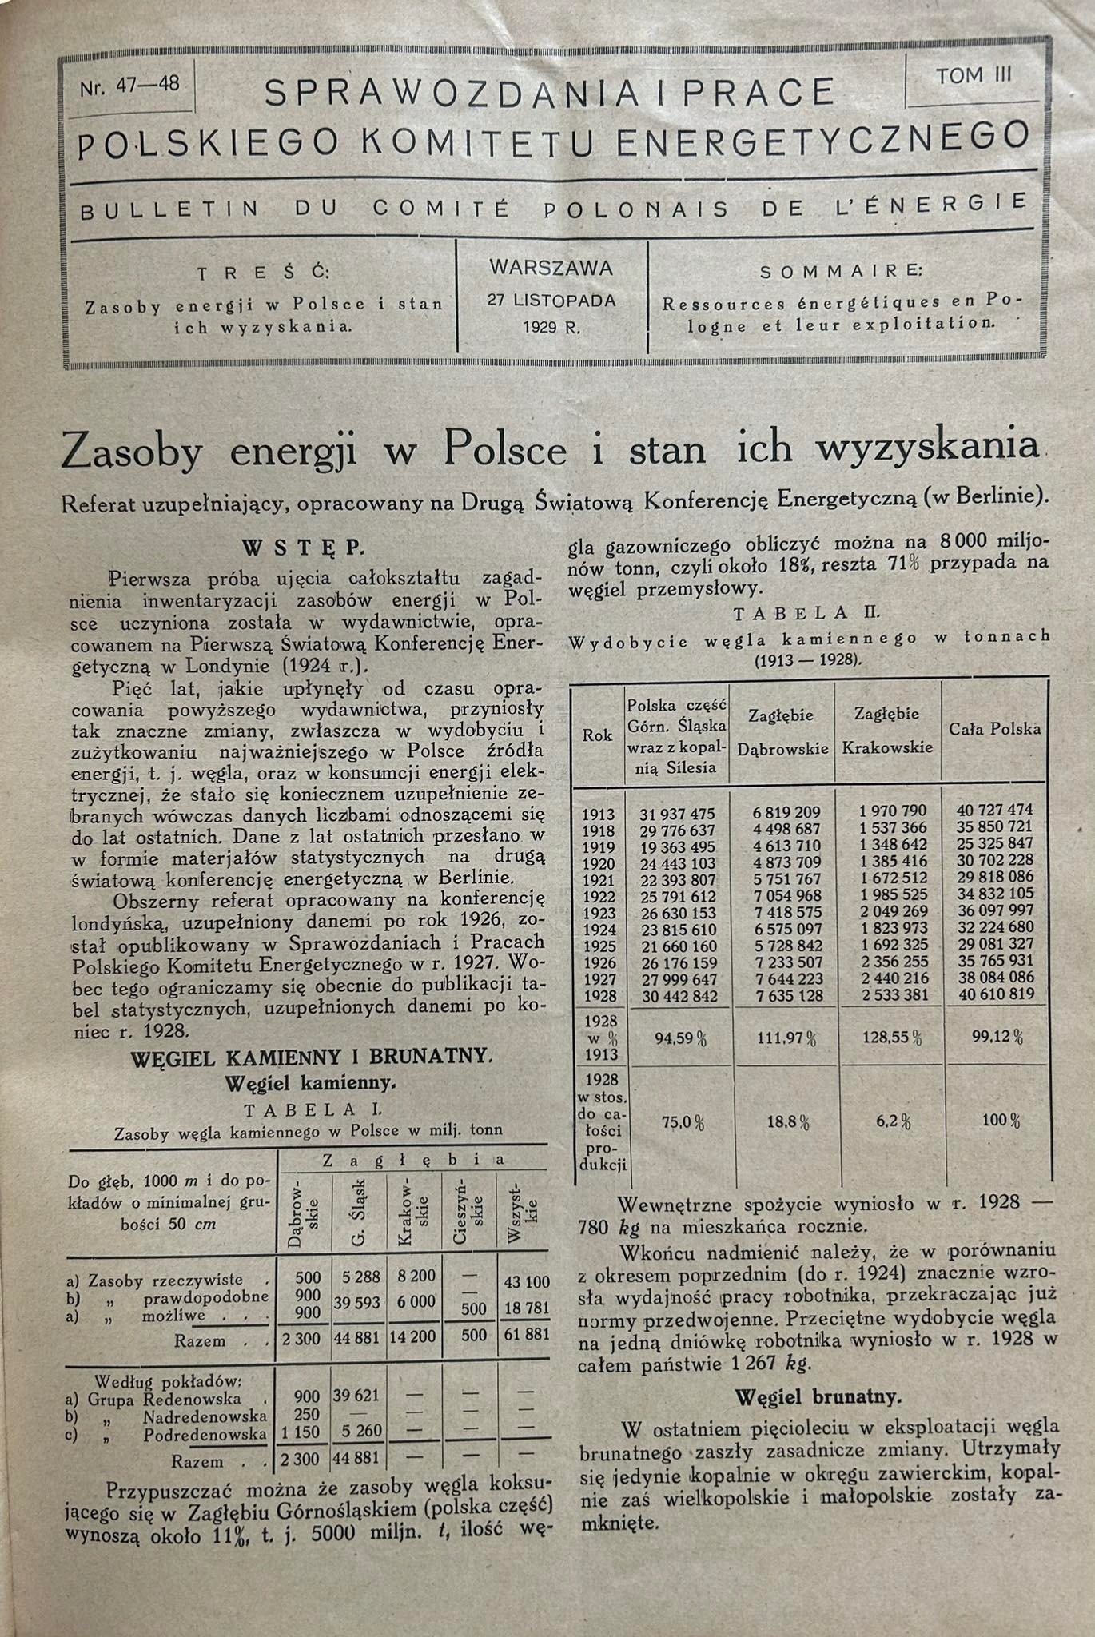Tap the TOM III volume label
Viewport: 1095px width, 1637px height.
tap(974, 76)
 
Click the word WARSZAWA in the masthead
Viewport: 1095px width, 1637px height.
tap(551, 268)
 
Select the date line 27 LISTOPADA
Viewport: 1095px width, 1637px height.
tap(551, 301)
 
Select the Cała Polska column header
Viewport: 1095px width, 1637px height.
tap(994, 729)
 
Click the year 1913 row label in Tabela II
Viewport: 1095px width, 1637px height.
tap(598, 814)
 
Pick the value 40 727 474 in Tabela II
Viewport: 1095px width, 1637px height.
tap(994, 811)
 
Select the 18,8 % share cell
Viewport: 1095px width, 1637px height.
tap(788, 1122)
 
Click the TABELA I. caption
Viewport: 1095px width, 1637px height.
tap(303, 1109)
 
